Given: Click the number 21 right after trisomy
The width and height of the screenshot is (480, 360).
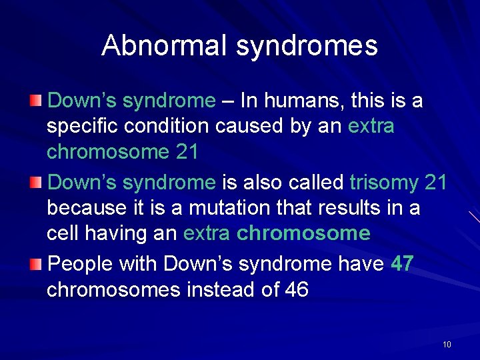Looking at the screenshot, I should [435, 182].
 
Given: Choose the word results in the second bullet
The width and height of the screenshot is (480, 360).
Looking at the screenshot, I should [348, 208].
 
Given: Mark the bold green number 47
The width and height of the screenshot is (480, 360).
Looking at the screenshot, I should [402, 263].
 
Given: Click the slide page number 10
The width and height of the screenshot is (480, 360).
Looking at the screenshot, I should [447, 344].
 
